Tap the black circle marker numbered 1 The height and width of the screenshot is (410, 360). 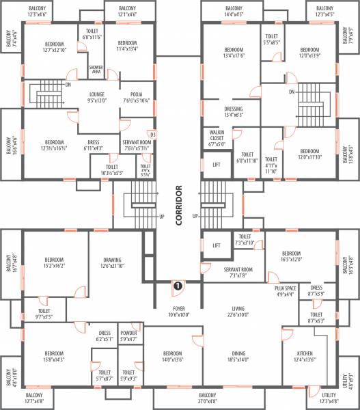pyautogui.click(x=177, y=286)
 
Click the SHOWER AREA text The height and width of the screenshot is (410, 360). pyautogui.click(x=97, y=69)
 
